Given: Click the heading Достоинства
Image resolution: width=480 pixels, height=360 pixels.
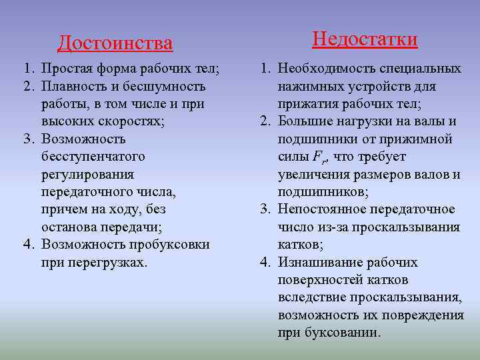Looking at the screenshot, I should click(x=115, y=43).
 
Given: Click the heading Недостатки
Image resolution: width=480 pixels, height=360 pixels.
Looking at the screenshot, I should click(x=365, y=39).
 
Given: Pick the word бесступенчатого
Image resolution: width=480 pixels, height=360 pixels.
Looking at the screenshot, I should click(x=93, y=157).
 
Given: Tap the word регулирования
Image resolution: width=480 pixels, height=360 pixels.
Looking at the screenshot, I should click(x=87, y=174).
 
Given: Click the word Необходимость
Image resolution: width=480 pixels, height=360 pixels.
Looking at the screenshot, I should click(x=327, y=69).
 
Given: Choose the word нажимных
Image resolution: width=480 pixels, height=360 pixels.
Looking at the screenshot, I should click(x=307, y=87).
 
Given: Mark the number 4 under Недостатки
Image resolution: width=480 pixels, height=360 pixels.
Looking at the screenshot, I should click(x=264, y=262).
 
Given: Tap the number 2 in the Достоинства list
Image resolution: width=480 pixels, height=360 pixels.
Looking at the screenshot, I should click(x=28, y=87).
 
